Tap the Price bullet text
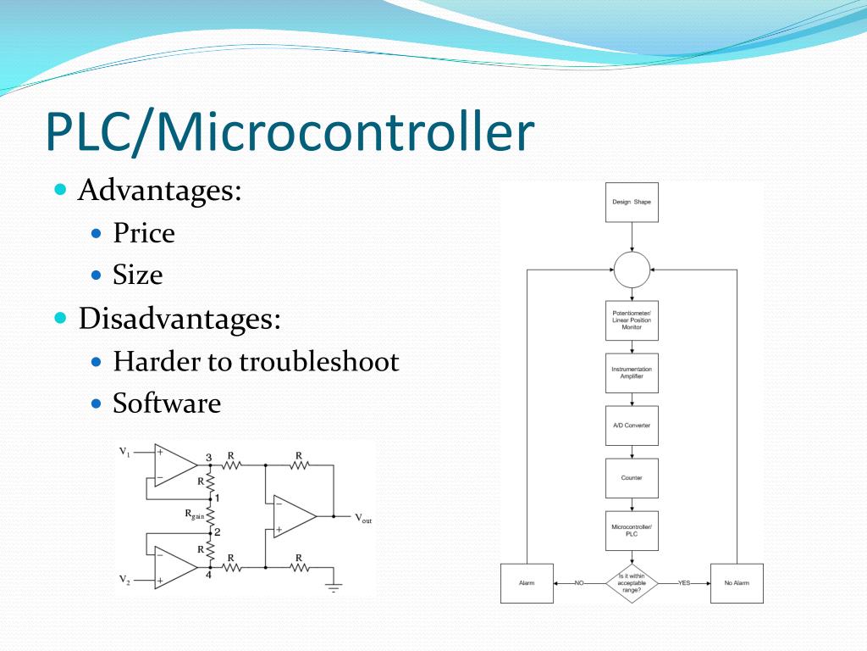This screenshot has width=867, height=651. click(144, 232)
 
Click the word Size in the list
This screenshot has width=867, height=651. click(137, 275)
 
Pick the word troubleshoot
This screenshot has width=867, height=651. click(318, 362)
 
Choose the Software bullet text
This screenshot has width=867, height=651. click(167, 403)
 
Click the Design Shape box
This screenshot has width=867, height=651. click(632, 203)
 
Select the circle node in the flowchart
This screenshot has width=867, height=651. click(632, 270)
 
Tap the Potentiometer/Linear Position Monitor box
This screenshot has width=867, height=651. click(632, 320)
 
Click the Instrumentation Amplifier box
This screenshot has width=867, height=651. click(632, 373)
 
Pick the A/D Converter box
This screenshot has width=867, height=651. click(632, 426)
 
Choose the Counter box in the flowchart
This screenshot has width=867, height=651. click(632, 478)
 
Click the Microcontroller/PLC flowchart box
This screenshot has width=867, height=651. click(632, 531)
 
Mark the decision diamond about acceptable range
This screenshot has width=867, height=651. click(632, 583)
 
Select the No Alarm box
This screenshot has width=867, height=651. click(737, 583)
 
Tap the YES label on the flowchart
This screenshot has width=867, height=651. click(685, 583)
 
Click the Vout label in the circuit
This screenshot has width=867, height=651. click(362, 518)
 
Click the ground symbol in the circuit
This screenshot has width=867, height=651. click(334, 587)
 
